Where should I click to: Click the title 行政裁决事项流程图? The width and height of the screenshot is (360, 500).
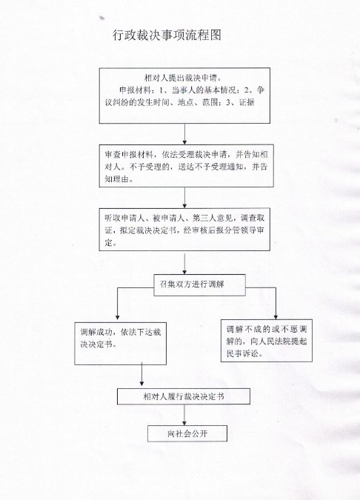167,35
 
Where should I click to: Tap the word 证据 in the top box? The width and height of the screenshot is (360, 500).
247,102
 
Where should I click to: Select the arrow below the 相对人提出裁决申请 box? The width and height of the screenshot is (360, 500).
184,134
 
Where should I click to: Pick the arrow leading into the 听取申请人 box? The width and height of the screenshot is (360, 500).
184,198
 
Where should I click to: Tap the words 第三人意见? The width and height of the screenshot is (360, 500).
213,218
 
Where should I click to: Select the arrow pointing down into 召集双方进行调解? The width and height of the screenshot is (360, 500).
184,264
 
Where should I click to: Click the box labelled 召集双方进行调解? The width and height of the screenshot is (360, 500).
199,284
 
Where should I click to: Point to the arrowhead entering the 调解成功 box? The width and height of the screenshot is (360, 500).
117,317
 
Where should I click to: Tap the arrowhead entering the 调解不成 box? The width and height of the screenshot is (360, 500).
276,316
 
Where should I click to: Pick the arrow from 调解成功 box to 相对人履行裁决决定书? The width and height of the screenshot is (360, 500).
141,374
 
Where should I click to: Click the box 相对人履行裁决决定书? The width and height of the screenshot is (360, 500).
184,396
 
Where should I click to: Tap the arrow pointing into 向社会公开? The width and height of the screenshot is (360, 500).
184,415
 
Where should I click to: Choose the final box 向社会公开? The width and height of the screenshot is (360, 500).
187,433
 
